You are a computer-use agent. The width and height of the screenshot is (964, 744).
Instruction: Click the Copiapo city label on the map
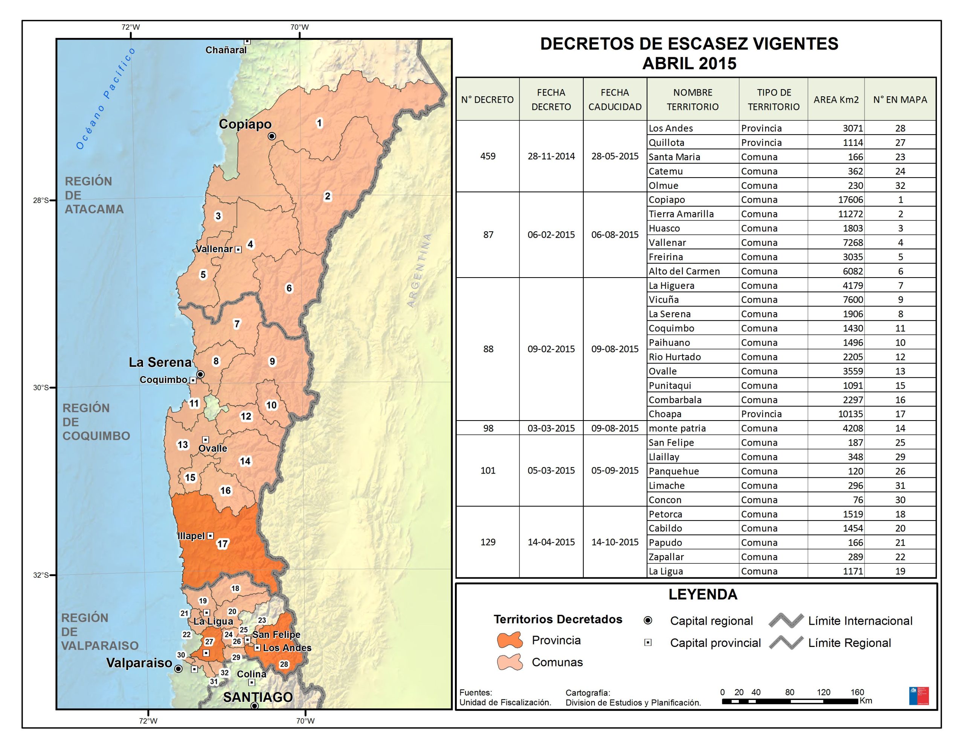[245, 125]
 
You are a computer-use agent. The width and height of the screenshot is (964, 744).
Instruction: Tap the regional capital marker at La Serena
[200, 374]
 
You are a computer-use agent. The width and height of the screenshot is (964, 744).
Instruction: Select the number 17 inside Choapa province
[222, 544]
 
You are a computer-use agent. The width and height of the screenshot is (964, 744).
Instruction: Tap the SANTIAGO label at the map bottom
[258, 697]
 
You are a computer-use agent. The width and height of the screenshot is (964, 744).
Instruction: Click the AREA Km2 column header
[836, 100]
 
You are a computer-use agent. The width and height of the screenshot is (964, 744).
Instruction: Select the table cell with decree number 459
[488, 156]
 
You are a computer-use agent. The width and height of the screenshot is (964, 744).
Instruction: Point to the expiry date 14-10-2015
[615, 542]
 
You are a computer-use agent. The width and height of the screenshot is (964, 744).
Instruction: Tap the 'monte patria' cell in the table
[677, 428]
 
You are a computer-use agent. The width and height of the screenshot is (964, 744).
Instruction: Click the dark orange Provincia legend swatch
[509, 640]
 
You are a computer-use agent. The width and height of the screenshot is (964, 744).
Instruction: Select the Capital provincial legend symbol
[648, 642]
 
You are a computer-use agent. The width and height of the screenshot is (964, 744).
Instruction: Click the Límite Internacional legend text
[860, 621]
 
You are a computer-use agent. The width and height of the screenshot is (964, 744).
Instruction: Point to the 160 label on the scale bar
[857, 692]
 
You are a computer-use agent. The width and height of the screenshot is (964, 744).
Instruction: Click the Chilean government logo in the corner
[918, 695]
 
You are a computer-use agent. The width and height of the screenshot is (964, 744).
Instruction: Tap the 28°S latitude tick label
[41, 200]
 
